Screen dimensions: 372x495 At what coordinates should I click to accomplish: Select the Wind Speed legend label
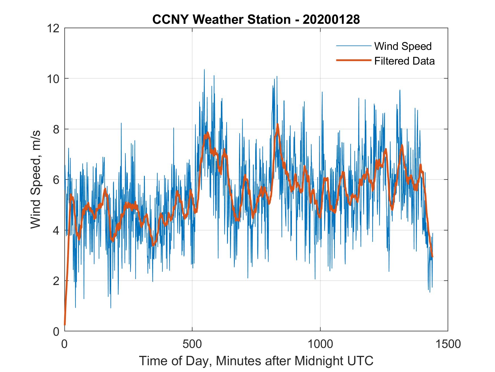click(403, 46)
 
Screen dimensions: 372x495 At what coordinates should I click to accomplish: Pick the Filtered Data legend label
click(404, 61)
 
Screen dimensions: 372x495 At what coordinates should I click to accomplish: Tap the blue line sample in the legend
click(353, 46)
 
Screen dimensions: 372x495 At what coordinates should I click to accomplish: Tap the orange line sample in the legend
click(353, 60)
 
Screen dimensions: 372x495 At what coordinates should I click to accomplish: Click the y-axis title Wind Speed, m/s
click(36, 179)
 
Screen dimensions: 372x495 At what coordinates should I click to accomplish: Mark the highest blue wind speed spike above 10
click(204, 70)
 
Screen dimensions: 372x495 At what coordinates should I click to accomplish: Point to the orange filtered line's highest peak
click(278, 124)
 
